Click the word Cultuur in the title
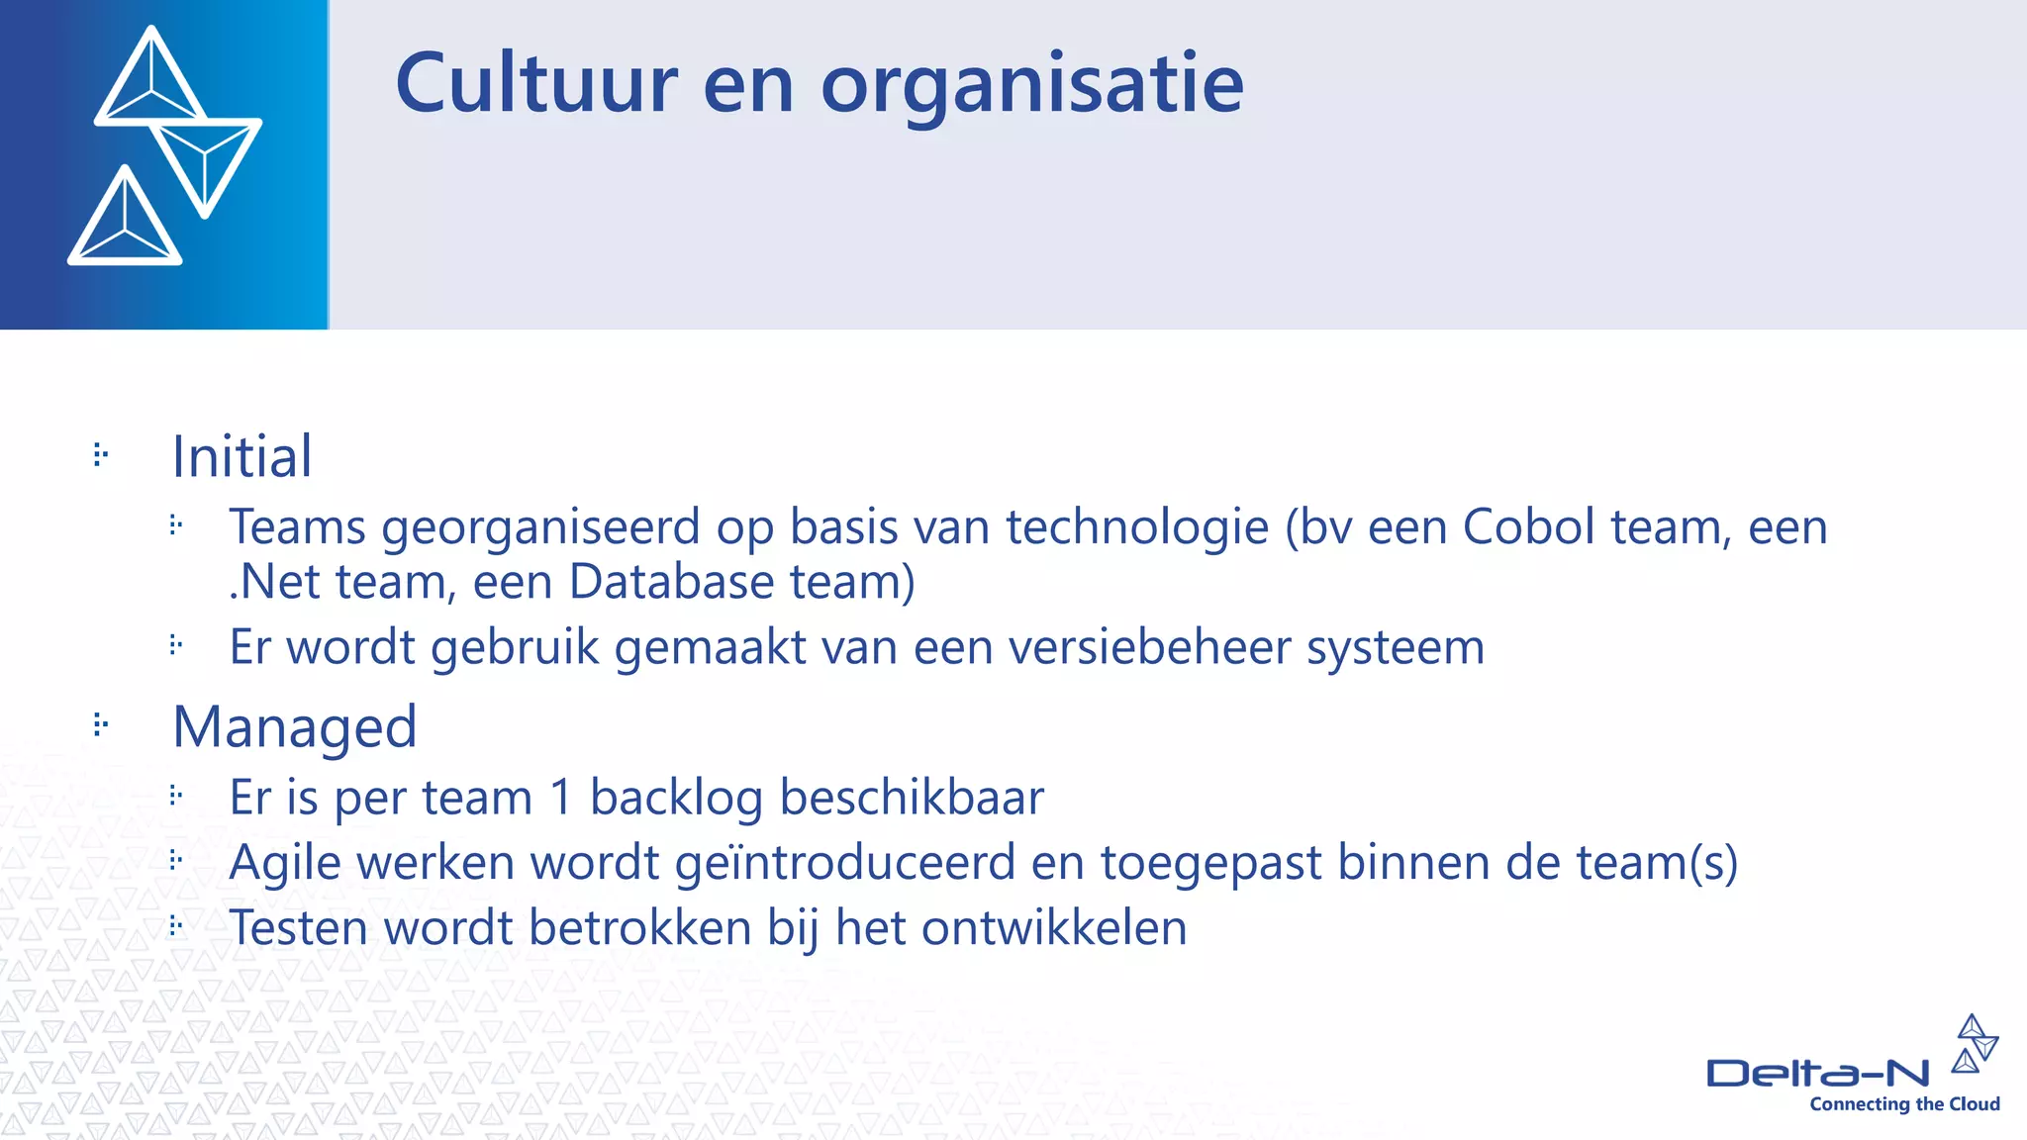pos(535,84)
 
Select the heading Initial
pos(241,457)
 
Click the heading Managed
pos(294,728)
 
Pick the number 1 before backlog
pos(561,798)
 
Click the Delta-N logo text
pos(1817,1074)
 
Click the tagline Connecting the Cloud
pos(1904,1104)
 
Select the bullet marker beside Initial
pos(100,455)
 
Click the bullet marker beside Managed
pos(100,725)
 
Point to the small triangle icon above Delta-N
pos(1975,1044)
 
